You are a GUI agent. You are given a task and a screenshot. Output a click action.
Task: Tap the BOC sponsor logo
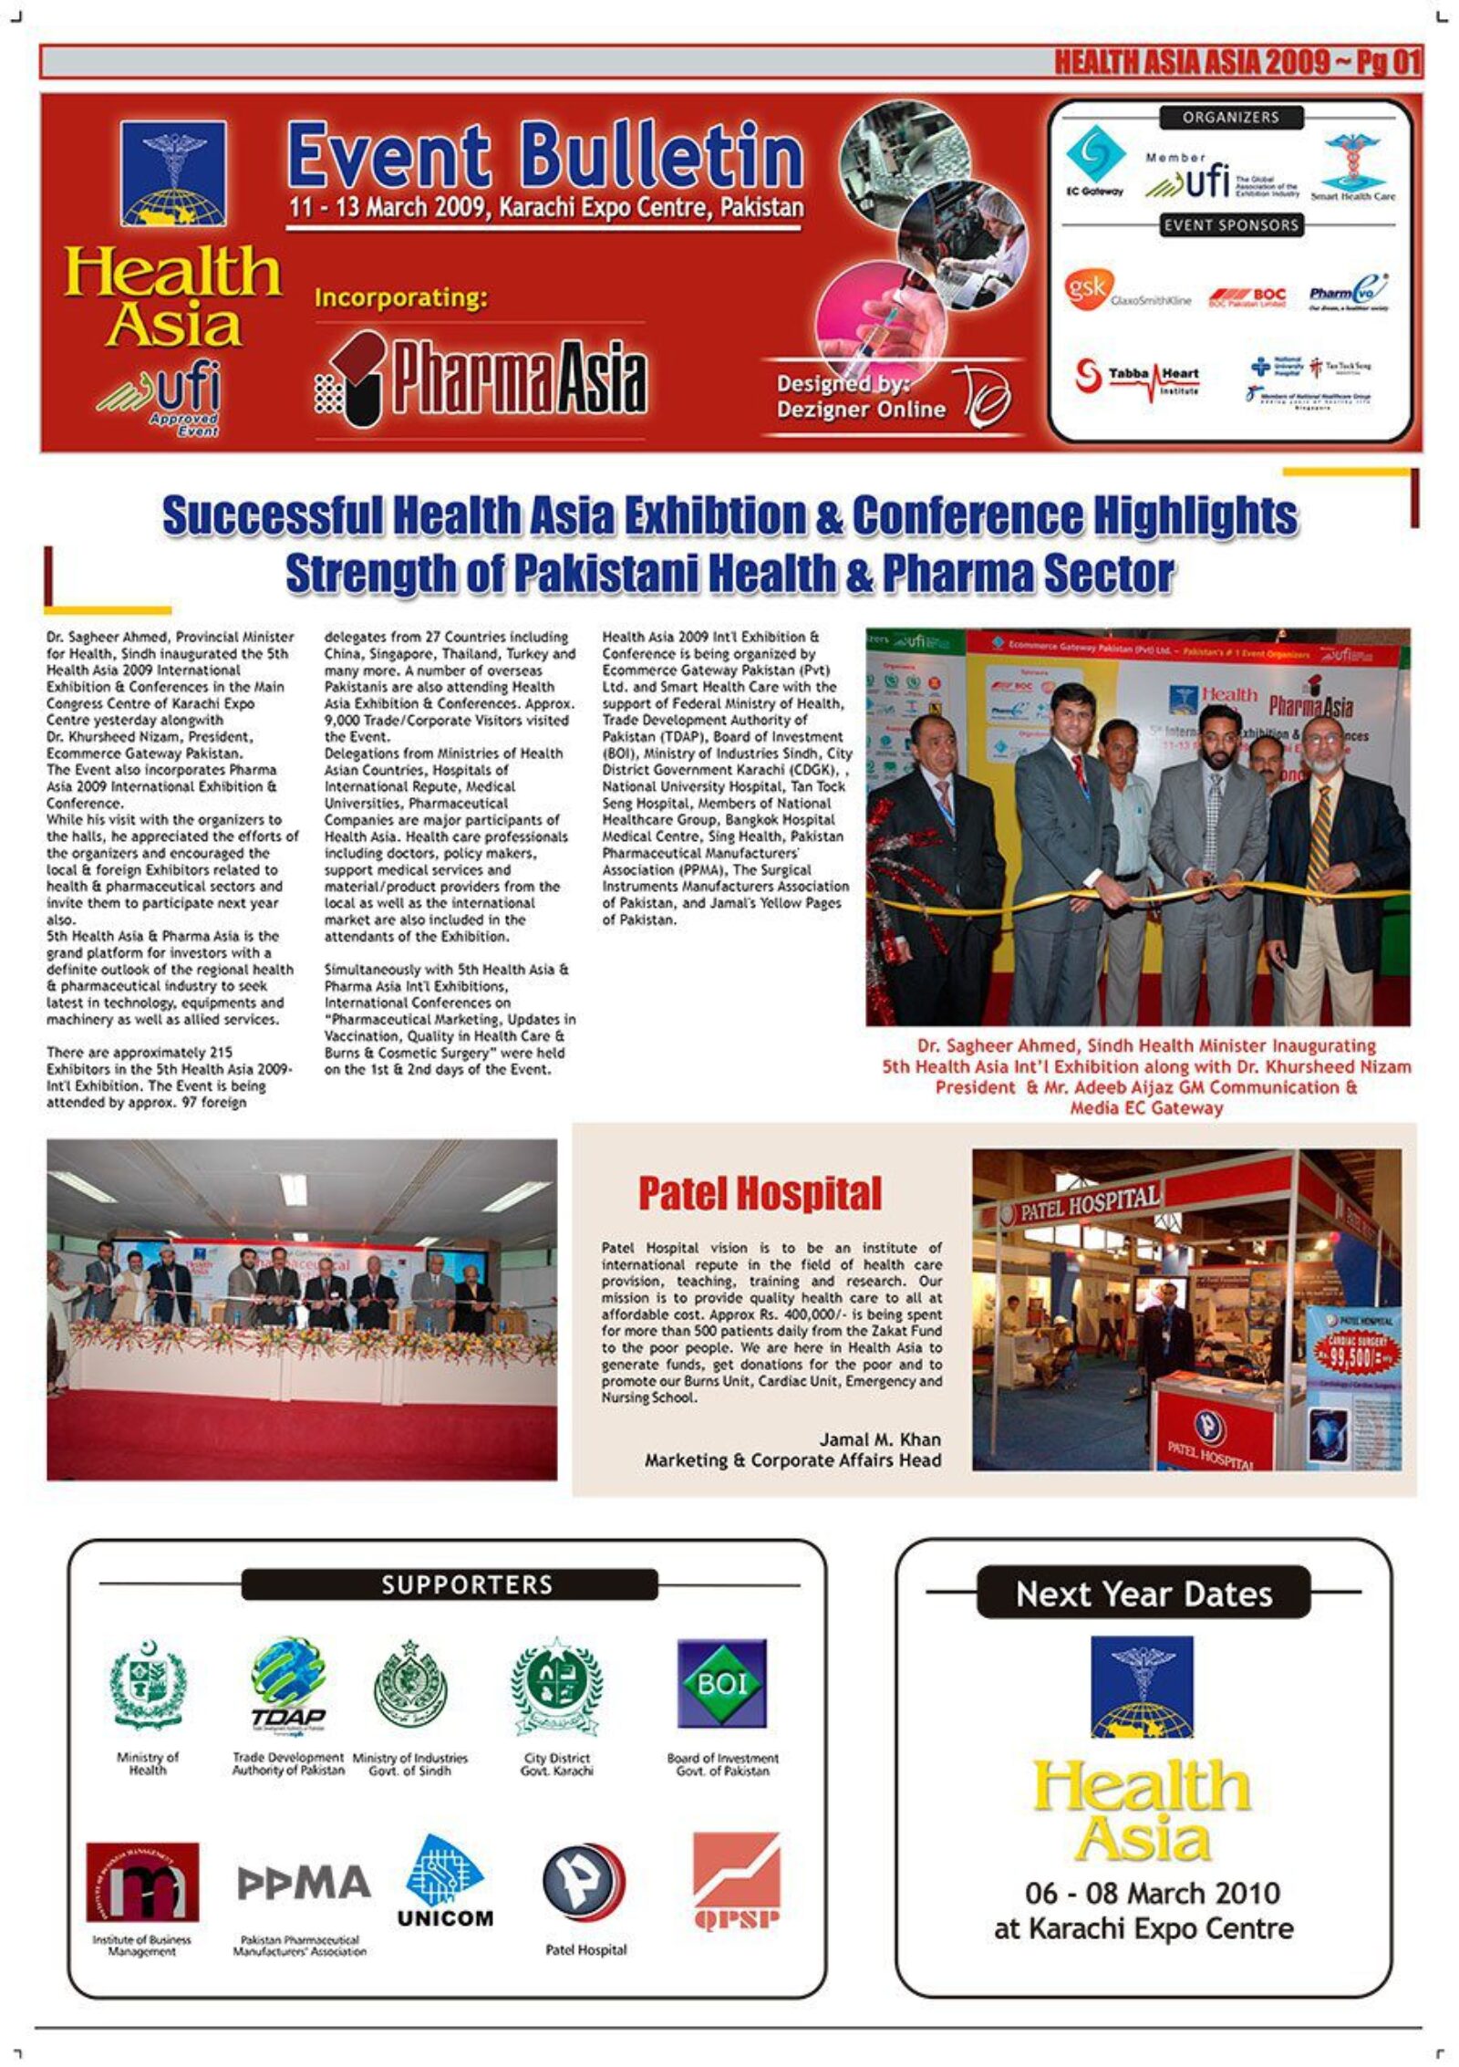coord(1247,297)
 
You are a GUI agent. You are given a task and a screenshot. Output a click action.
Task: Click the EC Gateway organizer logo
coord(1095,161)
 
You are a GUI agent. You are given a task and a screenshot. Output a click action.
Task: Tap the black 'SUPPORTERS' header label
coord(449,1584)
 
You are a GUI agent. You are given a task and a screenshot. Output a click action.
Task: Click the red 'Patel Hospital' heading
coord(760,1193)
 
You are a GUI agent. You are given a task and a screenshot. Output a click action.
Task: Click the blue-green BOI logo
coord(721,1683)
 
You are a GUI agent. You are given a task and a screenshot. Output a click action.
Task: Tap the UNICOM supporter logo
coord(445,1883)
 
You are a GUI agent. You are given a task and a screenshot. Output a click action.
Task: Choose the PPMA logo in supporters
coord(303,1882)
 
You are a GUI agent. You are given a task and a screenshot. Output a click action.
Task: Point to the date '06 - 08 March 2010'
coord(1152,1893)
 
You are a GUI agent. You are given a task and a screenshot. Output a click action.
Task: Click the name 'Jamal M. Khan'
coord(879,1439)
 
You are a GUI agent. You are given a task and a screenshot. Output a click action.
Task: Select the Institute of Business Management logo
coord(142,1882)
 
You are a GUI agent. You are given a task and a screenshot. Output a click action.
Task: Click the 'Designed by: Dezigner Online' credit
coord(861,396)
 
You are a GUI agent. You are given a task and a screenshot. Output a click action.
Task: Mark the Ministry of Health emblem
coord(148,1686)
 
